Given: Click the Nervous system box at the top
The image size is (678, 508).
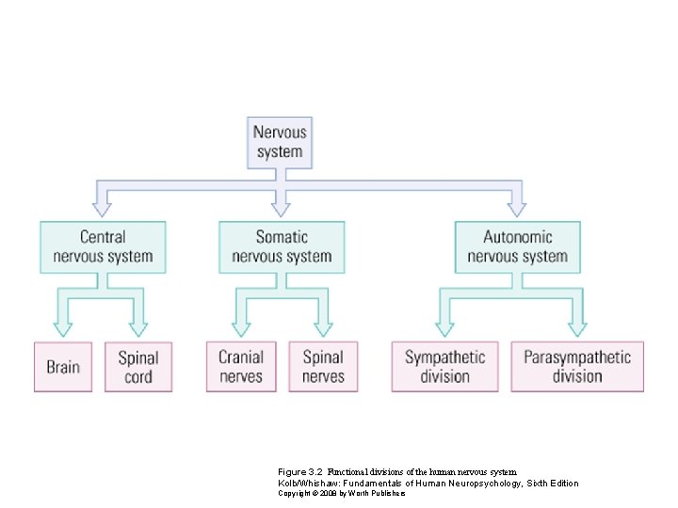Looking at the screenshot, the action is point(280,143).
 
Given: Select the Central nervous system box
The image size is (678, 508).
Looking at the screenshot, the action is point(103,247).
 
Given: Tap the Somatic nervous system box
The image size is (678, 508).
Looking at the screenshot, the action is point(282,247).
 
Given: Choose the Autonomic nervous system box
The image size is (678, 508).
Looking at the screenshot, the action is point(518,247).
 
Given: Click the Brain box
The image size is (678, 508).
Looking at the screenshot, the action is point(63,367).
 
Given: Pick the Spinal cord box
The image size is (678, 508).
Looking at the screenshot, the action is point(138,367).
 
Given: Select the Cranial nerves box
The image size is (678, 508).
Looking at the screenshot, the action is point(241,367).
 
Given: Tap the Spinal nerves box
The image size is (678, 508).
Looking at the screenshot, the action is point(323,367).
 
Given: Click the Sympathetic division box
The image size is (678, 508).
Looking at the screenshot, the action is point(444,367).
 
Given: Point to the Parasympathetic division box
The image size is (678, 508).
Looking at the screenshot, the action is point(577,367).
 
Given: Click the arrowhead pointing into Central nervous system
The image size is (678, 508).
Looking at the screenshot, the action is point(102,209).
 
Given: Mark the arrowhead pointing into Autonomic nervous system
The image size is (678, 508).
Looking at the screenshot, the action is point(516,209).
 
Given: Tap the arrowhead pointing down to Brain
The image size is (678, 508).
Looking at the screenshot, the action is point(63,329).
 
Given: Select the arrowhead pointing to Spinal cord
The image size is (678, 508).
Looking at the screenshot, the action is point(138,329).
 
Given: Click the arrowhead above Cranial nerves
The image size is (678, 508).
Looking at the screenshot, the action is point(241,329).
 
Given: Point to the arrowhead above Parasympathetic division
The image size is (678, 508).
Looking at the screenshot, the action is point(577,329).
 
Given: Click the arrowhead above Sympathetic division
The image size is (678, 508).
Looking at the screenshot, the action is point(444,329).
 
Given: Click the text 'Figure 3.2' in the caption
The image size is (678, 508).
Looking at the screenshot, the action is point(300,471).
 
